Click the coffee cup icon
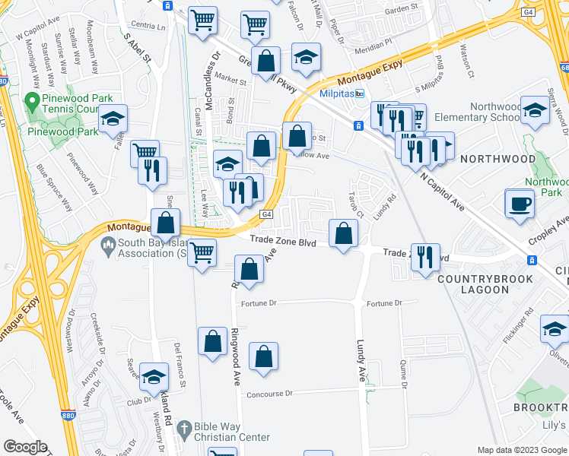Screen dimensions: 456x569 click(x=520, y=203)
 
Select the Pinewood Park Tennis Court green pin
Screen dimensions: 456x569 click(x=31, y=100)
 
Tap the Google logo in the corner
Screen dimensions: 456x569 click(x=25, y=447)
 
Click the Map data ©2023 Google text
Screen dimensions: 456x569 click(x=521, y=450)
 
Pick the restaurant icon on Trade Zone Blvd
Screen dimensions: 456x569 click(x=424, y=257)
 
